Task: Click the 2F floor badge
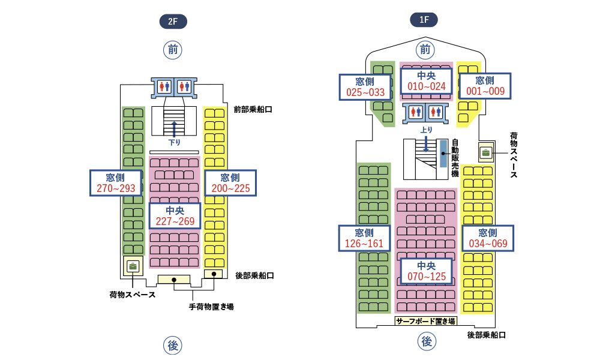173,23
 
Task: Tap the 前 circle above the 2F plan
173,50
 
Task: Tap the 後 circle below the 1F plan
426,341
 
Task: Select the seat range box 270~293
116,182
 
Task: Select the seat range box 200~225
230,182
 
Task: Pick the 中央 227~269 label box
174,216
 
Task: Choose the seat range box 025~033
365,86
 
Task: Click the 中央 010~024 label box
426,80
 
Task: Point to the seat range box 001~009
485,86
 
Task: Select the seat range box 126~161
365,238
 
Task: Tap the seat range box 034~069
487,238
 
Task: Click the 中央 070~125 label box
426,271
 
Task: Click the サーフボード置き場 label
426,321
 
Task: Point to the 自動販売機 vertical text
455,158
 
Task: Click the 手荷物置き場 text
211,307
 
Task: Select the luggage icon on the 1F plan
485,152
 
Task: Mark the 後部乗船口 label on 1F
487,335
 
